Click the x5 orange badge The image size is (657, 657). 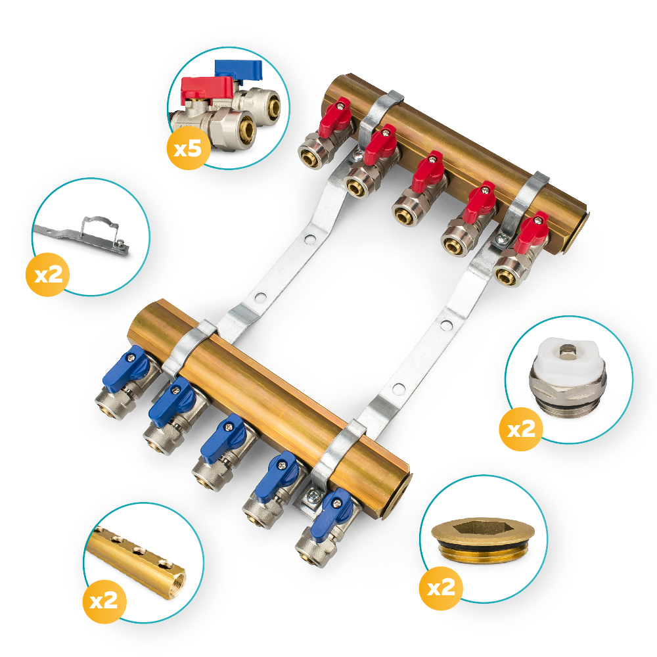[188, 148]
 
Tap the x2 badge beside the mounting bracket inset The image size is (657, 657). [47, 275]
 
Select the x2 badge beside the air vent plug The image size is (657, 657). [521, 429]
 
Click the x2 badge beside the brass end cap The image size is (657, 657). [441, 588]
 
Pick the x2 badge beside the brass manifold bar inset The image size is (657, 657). [104, 602]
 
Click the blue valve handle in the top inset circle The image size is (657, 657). [238, 70]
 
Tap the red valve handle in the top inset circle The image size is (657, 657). [206, 89]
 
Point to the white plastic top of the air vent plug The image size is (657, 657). [568, 355]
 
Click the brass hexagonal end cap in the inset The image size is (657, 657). [483, 539]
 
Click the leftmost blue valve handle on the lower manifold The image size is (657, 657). [125, 369]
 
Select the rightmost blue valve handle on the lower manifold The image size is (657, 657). [331, 514]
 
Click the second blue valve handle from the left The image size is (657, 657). [172, 401]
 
